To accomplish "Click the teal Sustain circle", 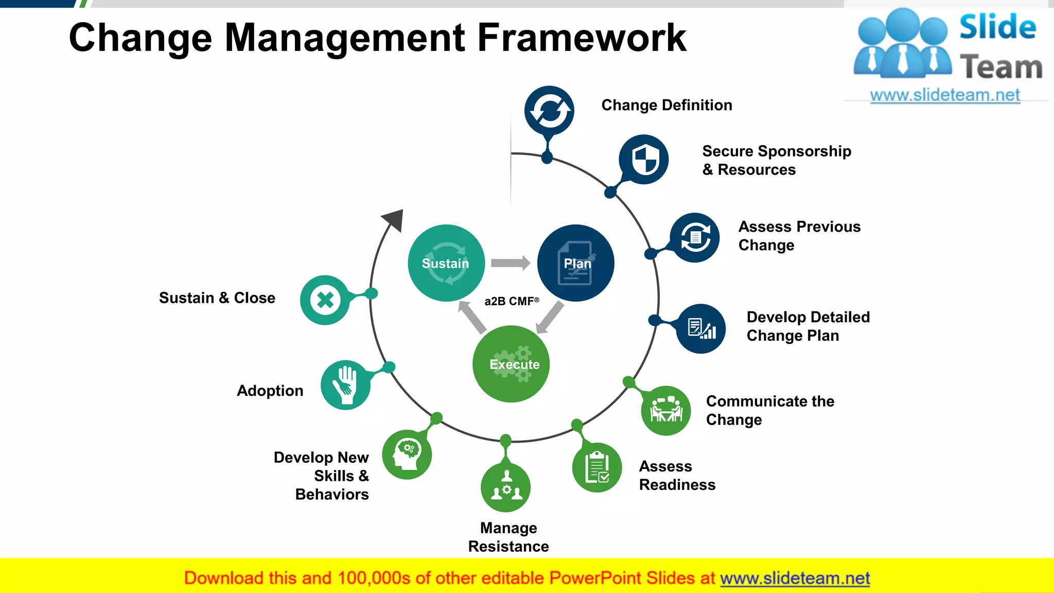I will click(x=446, y=263).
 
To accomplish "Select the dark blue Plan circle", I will click(x=575, y=263).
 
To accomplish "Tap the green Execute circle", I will click(x=511, y=364).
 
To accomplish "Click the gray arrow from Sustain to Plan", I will click(x=510, y=263).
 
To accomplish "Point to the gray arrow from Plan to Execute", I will click(x=550, y=318).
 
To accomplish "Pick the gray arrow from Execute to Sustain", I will click(x=472, y=317).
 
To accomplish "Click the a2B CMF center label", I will click(x=512, y=301).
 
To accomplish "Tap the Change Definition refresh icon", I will click(x=549, y=111).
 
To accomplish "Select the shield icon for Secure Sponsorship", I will click(x=644, y=160).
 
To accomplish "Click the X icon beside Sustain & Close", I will click(x=325, y=300).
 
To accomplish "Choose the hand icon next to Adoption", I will click(x=345, y=385).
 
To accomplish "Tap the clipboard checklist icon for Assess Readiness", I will click(x=597, y=467).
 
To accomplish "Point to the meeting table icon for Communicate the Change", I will click(x=666, y=410).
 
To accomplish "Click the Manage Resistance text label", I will click(x=508, y=537).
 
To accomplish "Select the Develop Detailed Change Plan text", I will click(x=807, y=326).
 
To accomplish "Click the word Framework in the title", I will click(x=582, y=38).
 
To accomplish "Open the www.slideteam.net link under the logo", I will click(x=945, y=95).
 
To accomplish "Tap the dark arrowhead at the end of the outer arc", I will click(x=394, y=220).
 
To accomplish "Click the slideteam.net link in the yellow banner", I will click(x=795, y=578).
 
